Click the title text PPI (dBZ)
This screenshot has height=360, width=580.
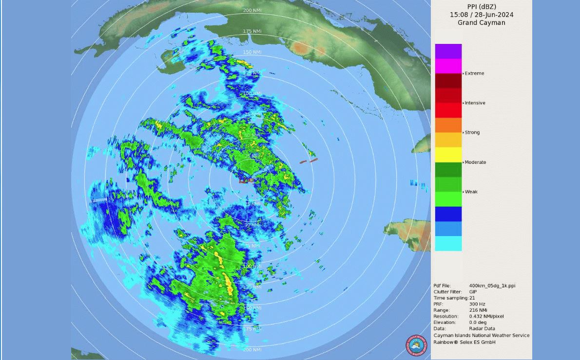(x=481, y=7)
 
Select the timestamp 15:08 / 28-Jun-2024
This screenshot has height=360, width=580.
(x=481, y=15)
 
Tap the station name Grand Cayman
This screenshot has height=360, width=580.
(x=481, y=22)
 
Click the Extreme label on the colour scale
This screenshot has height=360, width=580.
(x=474, y=74)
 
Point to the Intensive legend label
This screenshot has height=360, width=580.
(x=475, y=103)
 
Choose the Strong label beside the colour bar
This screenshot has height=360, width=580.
(x=472, y=132)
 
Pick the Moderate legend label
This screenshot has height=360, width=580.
(x=475, y=162)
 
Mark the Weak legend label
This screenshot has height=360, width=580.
(x=471, y=192)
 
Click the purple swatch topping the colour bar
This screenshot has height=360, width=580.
(x=448, y=51)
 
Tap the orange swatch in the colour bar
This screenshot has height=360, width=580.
(x=448, y=125)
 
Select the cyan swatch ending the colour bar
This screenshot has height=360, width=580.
(x=448, y=243)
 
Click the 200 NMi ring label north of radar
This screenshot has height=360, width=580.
(x=252, y=10)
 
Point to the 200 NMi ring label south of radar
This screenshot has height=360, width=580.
(x=252, y=350)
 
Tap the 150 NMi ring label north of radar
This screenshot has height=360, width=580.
(x=252, y=52)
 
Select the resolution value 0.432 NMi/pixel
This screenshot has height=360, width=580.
(x=486, y=316)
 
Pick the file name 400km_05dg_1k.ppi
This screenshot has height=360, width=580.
(x=492, y=286)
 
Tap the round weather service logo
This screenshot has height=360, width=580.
(x=416, y=345)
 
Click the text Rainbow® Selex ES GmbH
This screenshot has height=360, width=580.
(x=464, y=342)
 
